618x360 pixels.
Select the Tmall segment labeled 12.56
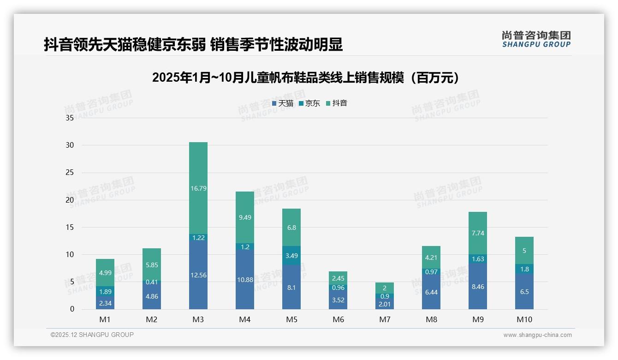[198, 275]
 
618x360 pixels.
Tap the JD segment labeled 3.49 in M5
[291, 255]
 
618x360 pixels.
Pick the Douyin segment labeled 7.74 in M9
[478, 233]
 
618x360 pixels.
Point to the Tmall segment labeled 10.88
[245, 280]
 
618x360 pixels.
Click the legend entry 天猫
[283, 103]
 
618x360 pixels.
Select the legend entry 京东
[309, 103]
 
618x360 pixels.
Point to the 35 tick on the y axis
[70, 118]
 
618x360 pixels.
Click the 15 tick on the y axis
[70, 227]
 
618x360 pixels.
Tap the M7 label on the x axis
[385, 319]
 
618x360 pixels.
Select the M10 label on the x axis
[524, 319]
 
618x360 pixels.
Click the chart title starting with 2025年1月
[307, 78]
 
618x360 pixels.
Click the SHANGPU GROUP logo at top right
[536, 39]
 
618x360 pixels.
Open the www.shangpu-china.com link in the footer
[537, 335]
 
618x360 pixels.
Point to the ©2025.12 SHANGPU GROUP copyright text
[92, 335]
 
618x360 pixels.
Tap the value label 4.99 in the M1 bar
[105, 273]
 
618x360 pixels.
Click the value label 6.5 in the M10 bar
[524, 292]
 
